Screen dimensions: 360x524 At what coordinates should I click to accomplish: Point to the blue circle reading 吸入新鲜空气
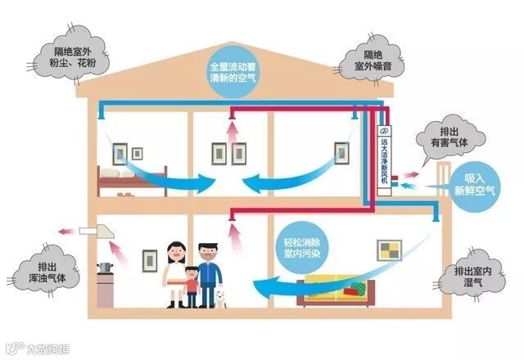point(474,185)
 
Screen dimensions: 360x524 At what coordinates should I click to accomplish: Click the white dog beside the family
point(219,298)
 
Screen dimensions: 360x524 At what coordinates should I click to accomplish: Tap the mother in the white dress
point(174,275)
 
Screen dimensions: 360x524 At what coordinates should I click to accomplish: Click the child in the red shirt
point(191,286)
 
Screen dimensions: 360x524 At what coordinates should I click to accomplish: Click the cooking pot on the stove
point(105,268)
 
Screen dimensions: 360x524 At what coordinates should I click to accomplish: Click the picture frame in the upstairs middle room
point(219,152)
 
